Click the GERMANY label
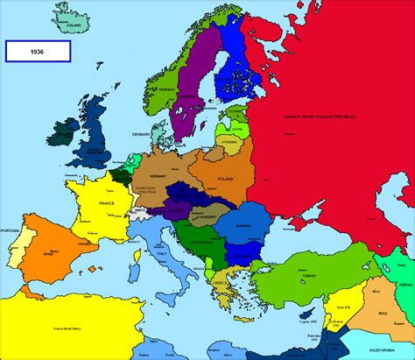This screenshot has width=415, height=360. tap(158, 174)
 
